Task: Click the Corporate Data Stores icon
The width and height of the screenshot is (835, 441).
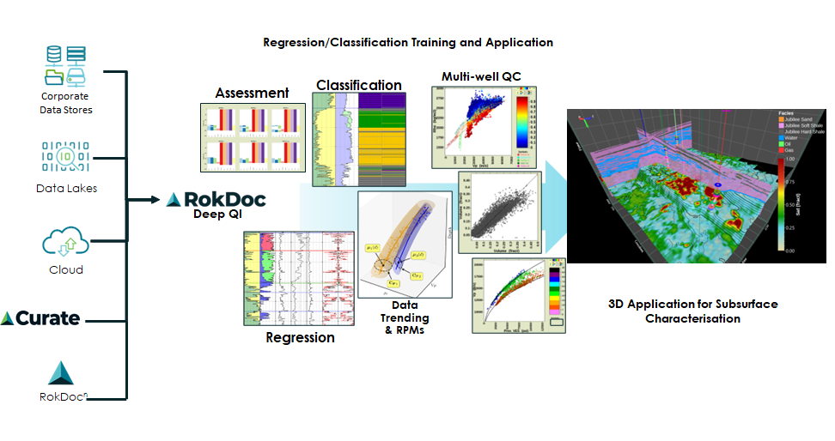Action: pyautogui.click(x=65, y=68)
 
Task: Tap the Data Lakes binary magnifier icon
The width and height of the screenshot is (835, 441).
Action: pyautogui.click(x=65, y=157)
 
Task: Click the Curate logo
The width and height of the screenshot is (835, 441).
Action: pyautogui.click(x=40, y=318)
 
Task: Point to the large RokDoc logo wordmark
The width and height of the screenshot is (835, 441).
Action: pyautogui.click(x=216, y=199)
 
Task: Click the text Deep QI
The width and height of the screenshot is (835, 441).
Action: pyautogui.click(x=215, y=216)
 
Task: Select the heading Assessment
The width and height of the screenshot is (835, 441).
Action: pyautogui.click(x=252, y=93)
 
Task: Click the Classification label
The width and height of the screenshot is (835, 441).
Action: pyautogui.click(x=358, y=85)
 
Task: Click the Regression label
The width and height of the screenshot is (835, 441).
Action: pyautogui.click(x=300, y=337)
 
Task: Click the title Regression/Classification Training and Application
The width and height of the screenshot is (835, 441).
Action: pyautogui.click(x=408, y=42)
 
